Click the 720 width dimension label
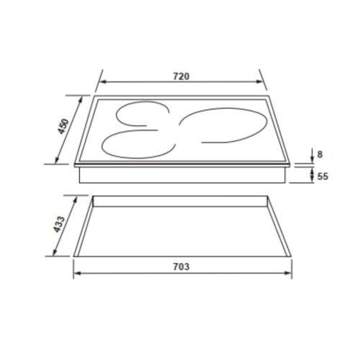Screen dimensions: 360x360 pyautogui.click(x=181, y=76)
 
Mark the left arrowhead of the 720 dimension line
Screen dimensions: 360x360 pyautogui.click(x=100, y=84)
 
